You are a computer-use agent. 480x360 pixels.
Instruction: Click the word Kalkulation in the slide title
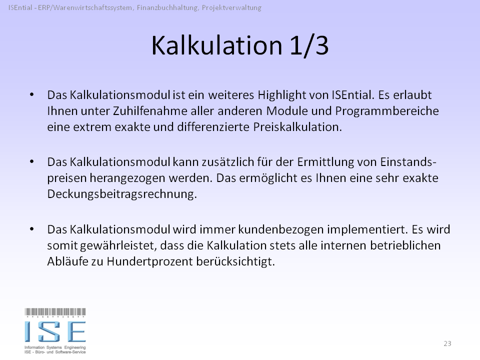pyautogui.click(x=216, y=45)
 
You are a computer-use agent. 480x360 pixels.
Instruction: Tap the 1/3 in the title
pyautogui.click(x=309, y=46)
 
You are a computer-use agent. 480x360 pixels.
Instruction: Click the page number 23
pyautogui.click(x=447, y=343)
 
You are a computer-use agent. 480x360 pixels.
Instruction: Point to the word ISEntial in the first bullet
pyautogui.click(x=353, y=95)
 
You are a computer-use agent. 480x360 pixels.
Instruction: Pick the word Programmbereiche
pyautogui.click(x=387, y=111)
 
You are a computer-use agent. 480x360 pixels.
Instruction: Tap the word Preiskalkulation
pyautogui.click(x=297, y=126)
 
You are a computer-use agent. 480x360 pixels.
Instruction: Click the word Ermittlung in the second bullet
pyautogui.click(x=336, y=162)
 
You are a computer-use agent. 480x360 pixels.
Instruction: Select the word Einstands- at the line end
pyautogui.click(x=408, y=161)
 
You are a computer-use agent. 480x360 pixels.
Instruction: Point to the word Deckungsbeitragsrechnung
pyautogui.click(x=122, y=194)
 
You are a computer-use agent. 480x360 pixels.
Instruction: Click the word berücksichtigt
pyautogui.click(x=235, y=261)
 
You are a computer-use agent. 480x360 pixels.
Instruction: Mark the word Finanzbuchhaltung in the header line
pyautogui.click(x=167, y=8)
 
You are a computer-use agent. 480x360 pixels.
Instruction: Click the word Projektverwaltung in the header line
pyautogui.click(x=231, y=8)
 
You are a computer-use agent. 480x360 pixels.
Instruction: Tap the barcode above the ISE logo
pyautogui.click(x=55, y=312)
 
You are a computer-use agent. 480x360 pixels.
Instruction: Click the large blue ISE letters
pyautogui.click(x=55, y=331)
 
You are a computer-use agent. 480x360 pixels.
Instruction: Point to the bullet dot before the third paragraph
pyautogui.click(x=32, y=229)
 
